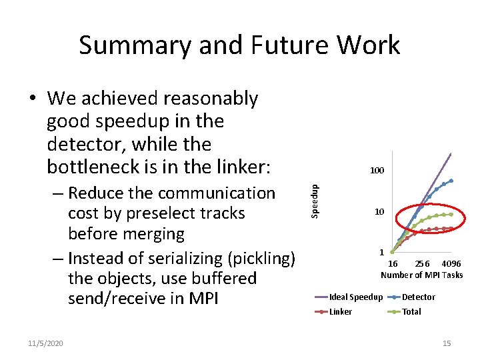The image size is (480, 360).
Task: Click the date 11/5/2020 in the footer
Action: tap(46, 343)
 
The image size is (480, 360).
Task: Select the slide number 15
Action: tap(447, 343)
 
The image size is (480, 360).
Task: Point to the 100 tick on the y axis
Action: tap(377, 171)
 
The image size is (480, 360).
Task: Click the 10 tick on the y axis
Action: tap(379, 212)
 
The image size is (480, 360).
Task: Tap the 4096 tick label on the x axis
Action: tap(451, 264)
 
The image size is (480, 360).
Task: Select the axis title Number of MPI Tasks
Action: tap(421, 275)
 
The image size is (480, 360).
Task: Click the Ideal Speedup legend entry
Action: tap(356, 297)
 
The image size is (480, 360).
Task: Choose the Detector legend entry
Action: tap(419, 297)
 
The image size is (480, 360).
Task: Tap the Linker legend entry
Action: tap(341, 311)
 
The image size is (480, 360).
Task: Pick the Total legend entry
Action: tap(411, 311)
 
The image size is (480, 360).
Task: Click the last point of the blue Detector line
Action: tap(451, 181)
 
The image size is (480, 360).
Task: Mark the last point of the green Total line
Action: tap(451, 215)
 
